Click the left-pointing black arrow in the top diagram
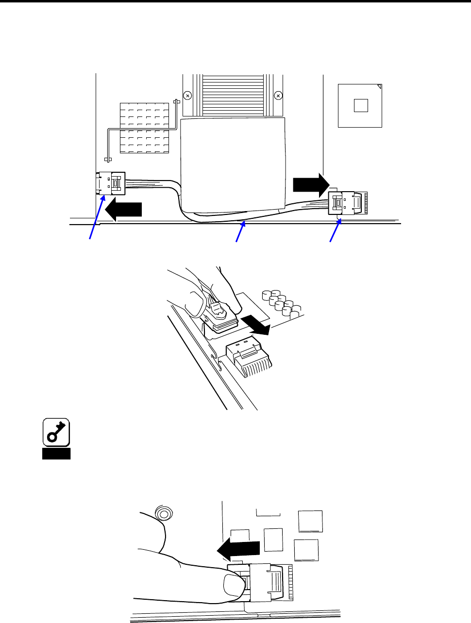coord(123,209)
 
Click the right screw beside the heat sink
coord(278,96)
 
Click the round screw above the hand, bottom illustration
coord(164,513)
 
